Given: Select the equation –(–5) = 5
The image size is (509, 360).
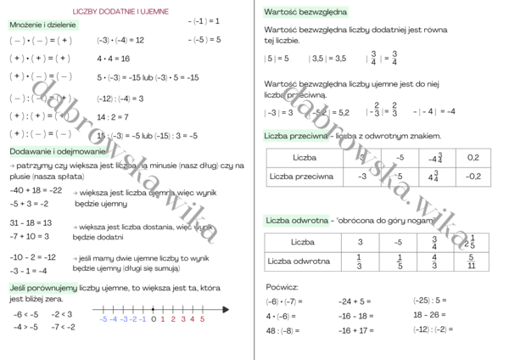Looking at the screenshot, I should coord(204,39).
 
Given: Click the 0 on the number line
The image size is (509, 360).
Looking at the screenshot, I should coord(153,319).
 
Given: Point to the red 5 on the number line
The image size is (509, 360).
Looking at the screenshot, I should coord(202,319).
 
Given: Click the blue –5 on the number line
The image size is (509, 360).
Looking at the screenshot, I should coord(103,319).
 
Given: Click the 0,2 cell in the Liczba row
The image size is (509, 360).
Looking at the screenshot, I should coord(473,157).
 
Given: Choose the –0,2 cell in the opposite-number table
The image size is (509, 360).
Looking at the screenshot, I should coord(473,176).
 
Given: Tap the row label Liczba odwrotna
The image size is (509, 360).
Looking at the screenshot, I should coord(299,261).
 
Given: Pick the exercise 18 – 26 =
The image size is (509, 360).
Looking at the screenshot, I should coord(430,315).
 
